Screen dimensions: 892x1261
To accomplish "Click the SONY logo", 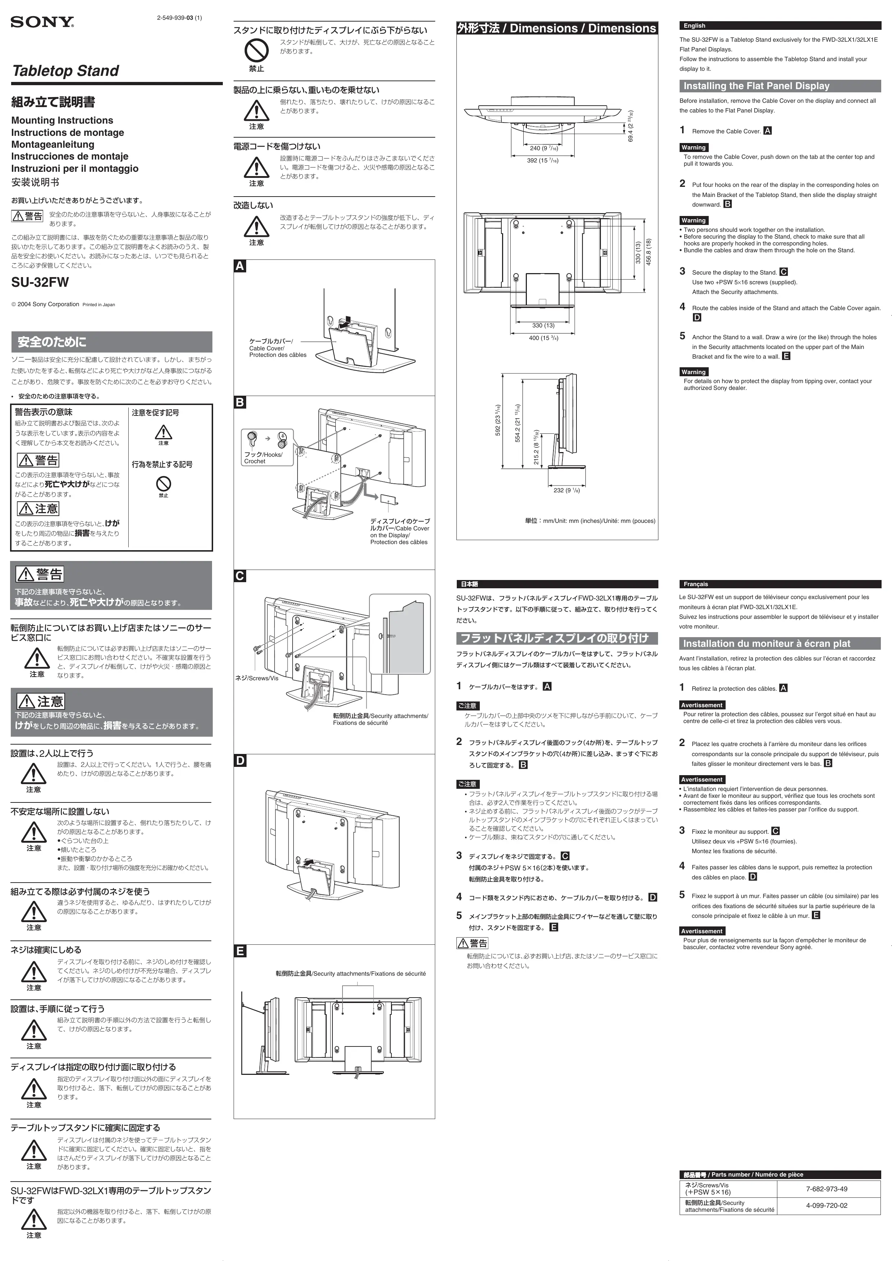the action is click(42, 22).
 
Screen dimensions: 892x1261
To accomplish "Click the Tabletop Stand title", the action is click(65, 71).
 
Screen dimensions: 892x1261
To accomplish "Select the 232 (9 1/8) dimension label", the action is click(566, 490).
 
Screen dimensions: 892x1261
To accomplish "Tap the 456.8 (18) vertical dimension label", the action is click(649, 252).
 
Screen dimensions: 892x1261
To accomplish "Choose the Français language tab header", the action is click(696, 584).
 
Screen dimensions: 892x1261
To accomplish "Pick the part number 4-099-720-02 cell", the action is click(826, 1206).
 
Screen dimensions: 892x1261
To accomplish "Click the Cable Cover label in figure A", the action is click(277, 348).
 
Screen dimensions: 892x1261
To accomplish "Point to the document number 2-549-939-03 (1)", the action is click(179, 18).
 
